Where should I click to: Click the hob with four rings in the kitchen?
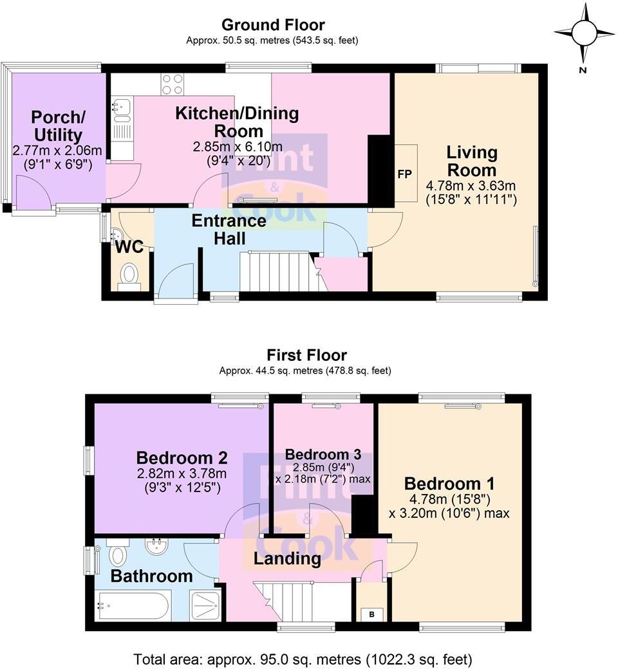pos(172,85)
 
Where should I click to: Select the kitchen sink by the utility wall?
pos(121,110)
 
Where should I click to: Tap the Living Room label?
pos(472,161)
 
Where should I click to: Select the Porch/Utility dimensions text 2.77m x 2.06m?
pos(57,151)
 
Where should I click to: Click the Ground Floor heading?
pos(273,25)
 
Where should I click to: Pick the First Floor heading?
pos(306,355)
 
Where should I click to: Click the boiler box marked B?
pos(371,614)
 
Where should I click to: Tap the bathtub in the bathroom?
pos(132,605)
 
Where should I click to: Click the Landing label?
pos(287,559)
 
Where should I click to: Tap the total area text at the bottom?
pos(303,659)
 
